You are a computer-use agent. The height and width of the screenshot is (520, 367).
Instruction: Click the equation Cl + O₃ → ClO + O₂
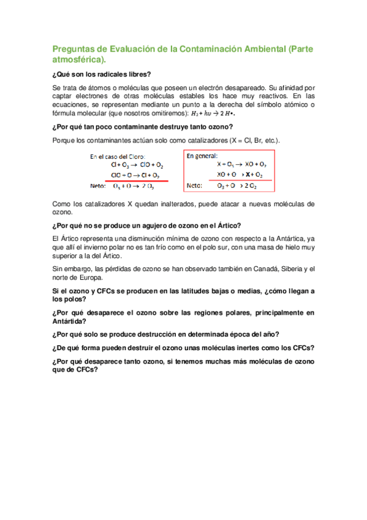[x=138, y=165]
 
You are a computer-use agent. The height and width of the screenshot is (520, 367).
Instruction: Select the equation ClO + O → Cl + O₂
[x=138, y=175]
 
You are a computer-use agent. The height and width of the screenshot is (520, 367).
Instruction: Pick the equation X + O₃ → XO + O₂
[x=241, y=164]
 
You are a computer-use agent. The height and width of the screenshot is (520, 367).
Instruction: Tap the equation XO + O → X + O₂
[x=241, y=174]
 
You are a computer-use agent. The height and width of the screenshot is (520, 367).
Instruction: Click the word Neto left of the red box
[x=97, y=186]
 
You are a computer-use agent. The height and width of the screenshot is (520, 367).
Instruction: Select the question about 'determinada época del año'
[x=167, y=334]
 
